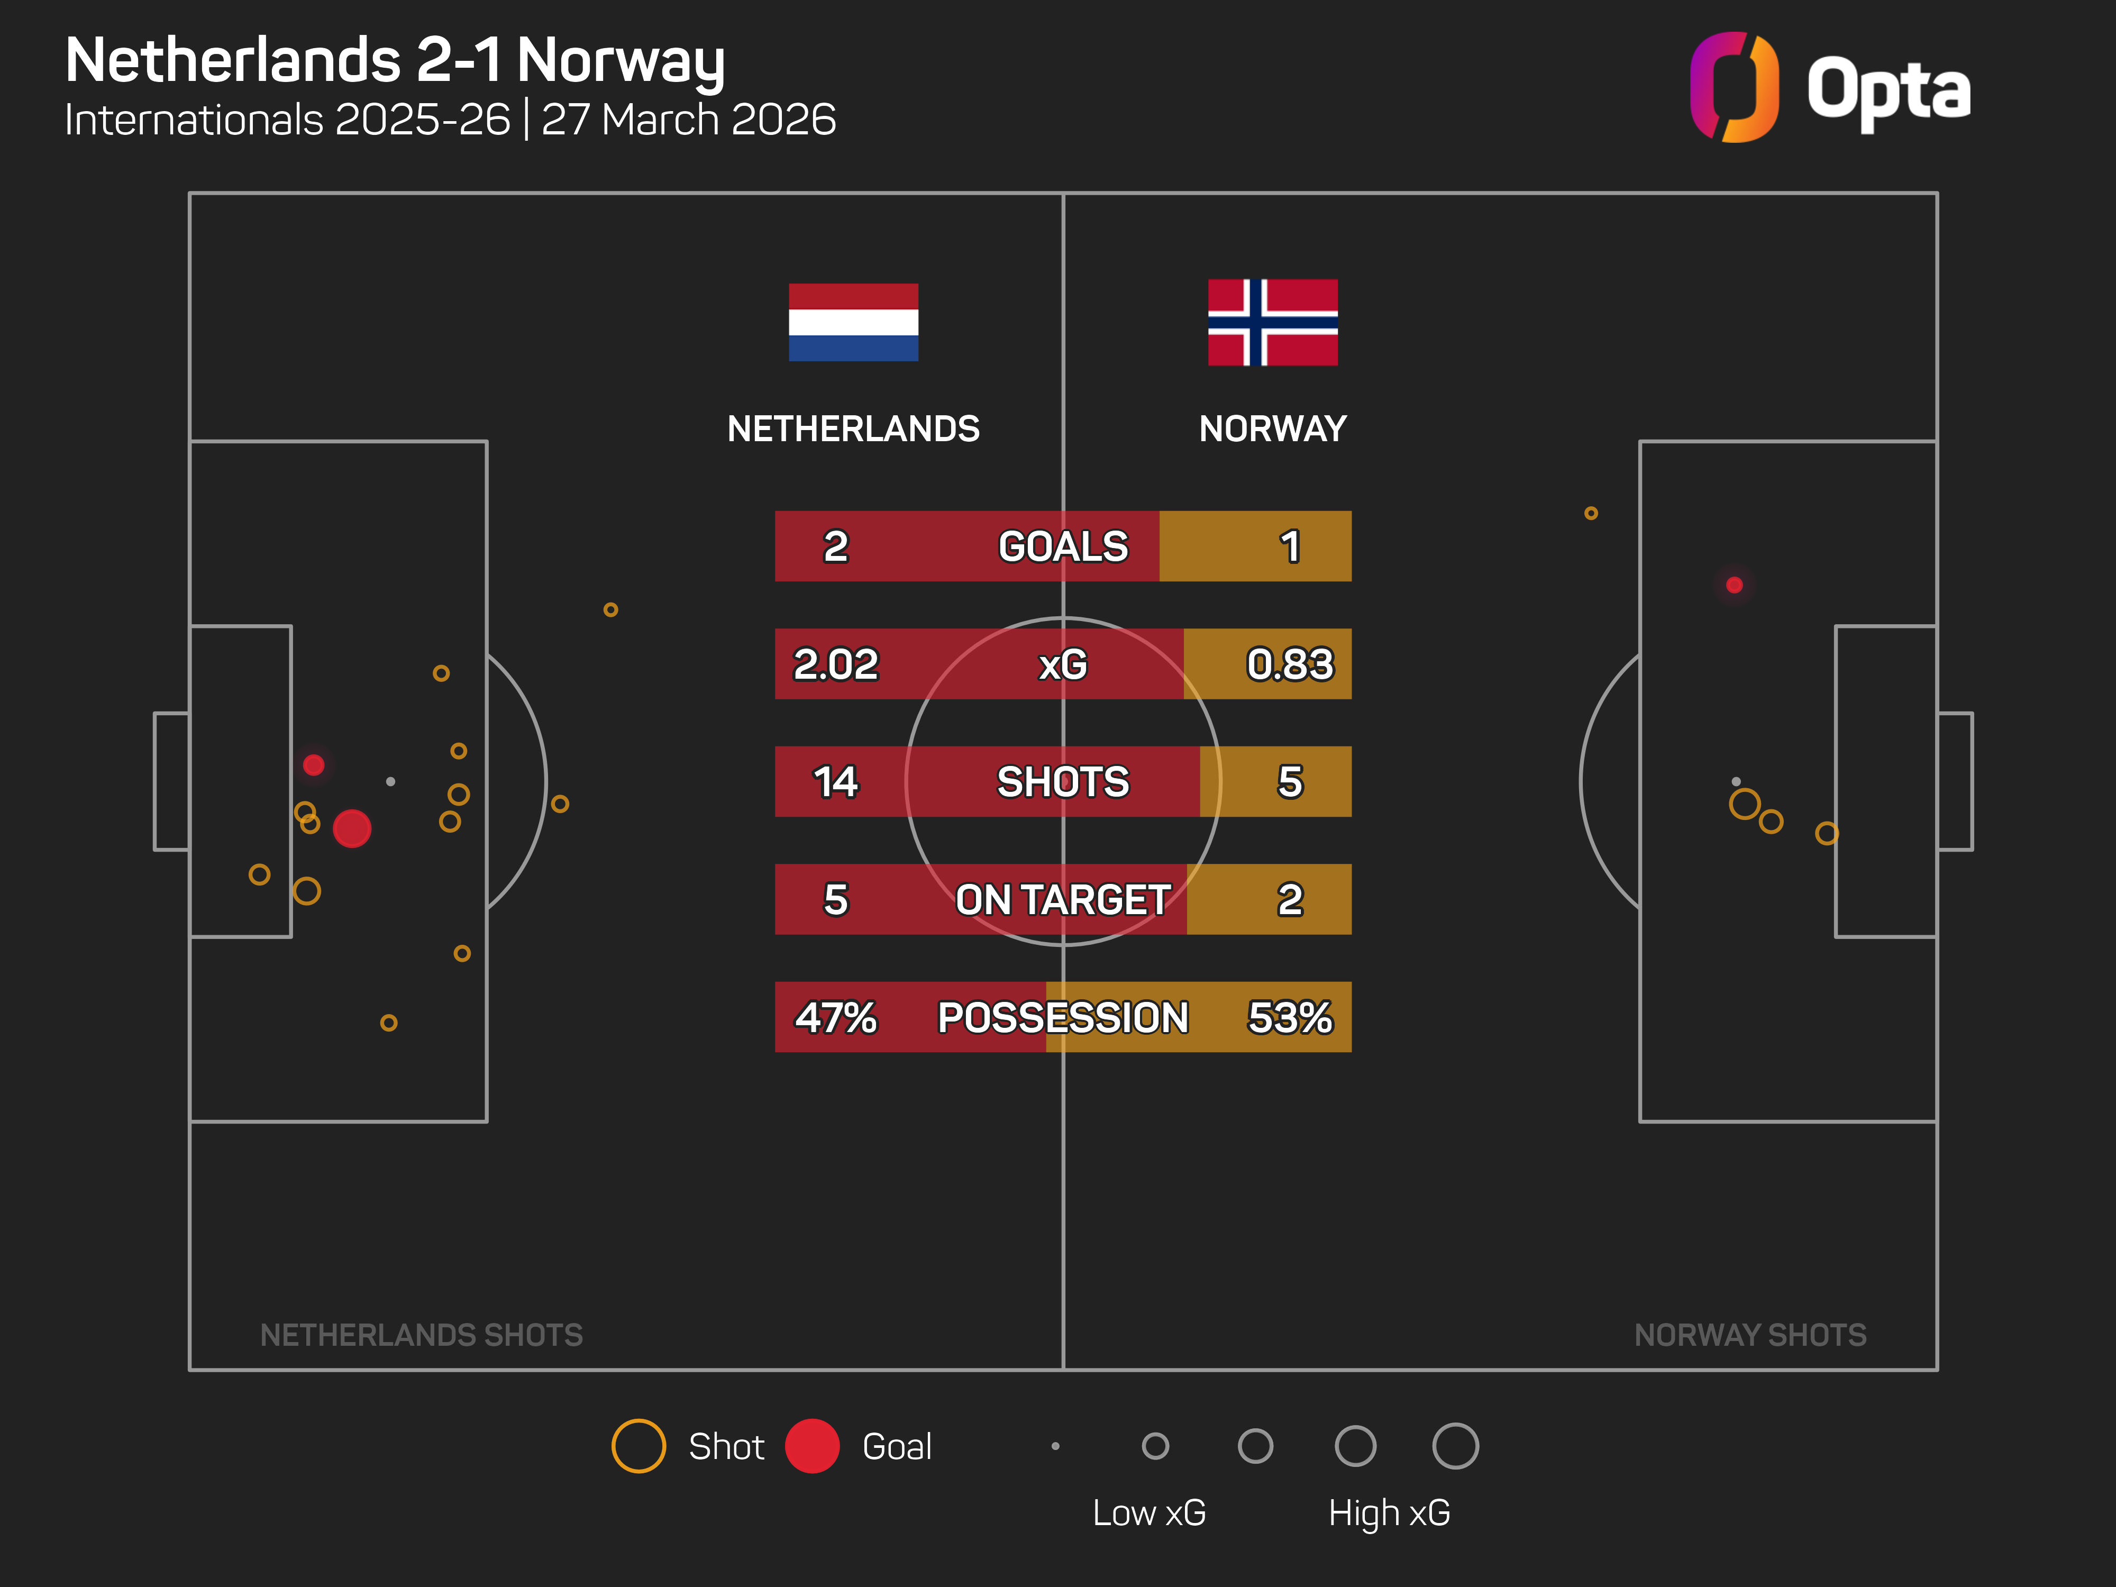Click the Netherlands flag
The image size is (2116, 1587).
[x=853, y=322]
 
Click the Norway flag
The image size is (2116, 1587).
[x=1272, y=322]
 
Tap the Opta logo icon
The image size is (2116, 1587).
[x=1734, y=87]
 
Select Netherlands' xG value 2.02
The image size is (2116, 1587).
[x=835, y=664]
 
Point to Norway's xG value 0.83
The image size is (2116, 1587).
[x=1290, y=664]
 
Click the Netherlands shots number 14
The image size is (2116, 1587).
[x=835, y=781]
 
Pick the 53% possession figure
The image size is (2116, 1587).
[x=1290, y=1017]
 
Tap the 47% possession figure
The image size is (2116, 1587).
[x=835, y=1017]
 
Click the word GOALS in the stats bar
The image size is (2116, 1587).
[x=1063, y=546]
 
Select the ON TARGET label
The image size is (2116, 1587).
[x=1063, y=899]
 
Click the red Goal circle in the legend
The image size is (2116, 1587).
[x=812, y=1445]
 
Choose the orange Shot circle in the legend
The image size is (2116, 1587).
[x=638, y=1445]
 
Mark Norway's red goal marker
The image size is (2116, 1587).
[x=1734, y=585]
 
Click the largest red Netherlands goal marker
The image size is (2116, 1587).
[x=352, y=828]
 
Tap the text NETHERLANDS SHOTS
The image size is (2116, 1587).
[x=421, y=1335]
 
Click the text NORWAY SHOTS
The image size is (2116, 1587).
[x=1749, y=1335]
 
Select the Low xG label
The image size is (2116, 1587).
[x=1149, y=1512]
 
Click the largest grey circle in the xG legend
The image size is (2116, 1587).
[x=1455, y=1445]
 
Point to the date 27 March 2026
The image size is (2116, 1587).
[x=689, y=120]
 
